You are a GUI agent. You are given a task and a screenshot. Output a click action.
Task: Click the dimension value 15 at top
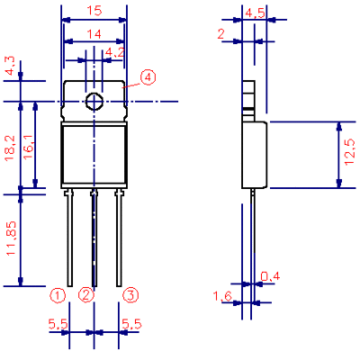(94, 11)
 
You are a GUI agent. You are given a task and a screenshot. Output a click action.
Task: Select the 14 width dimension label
(94, 34)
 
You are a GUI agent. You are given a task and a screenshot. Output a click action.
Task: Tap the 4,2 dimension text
(115, 53)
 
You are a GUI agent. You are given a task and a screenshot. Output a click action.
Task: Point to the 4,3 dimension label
(11, 67)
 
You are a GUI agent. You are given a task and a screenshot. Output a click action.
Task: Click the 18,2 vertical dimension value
(11, 148)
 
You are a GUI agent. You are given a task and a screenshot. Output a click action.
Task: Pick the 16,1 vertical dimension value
(28, 148)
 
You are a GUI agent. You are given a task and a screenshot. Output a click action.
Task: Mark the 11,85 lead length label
(11, 238)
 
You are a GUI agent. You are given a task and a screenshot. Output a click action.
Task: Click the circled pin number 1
(58, 296)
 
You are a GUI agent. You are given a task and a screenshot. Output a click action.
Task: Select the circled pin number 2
(86, 295)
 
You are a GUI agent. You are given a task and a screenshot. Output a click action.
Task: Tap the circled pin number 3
(130, 295)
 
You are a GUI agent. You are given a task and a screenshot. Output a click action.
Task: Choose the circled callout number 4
(148, 77)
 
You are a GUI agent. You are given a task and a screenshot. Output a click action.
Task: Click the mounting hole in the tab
(94, 101)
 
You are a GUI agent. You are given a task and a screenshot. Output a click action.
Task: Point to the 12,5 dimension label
(350, 154)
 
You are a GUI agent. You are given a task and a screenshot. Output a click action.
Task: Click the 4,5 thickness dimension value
(255, 13)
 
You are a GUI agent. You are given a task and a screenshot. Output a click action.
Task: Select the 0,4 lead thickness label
(270, 276)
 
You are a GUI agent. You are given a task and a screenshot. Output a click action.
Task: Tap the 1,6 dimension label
(222, 297)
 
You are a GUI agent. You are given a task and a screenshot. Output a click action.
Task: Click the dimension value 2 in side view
(220, 34)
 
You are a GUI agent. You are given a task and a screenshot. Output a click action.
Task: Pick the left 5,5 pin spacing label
(58, 324)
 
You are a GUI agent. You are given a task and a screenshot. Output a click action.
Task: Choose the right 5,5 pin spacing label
(131, 324)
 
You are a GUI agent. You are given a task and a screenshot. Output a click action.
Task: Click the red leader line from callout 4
(131, 85)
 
